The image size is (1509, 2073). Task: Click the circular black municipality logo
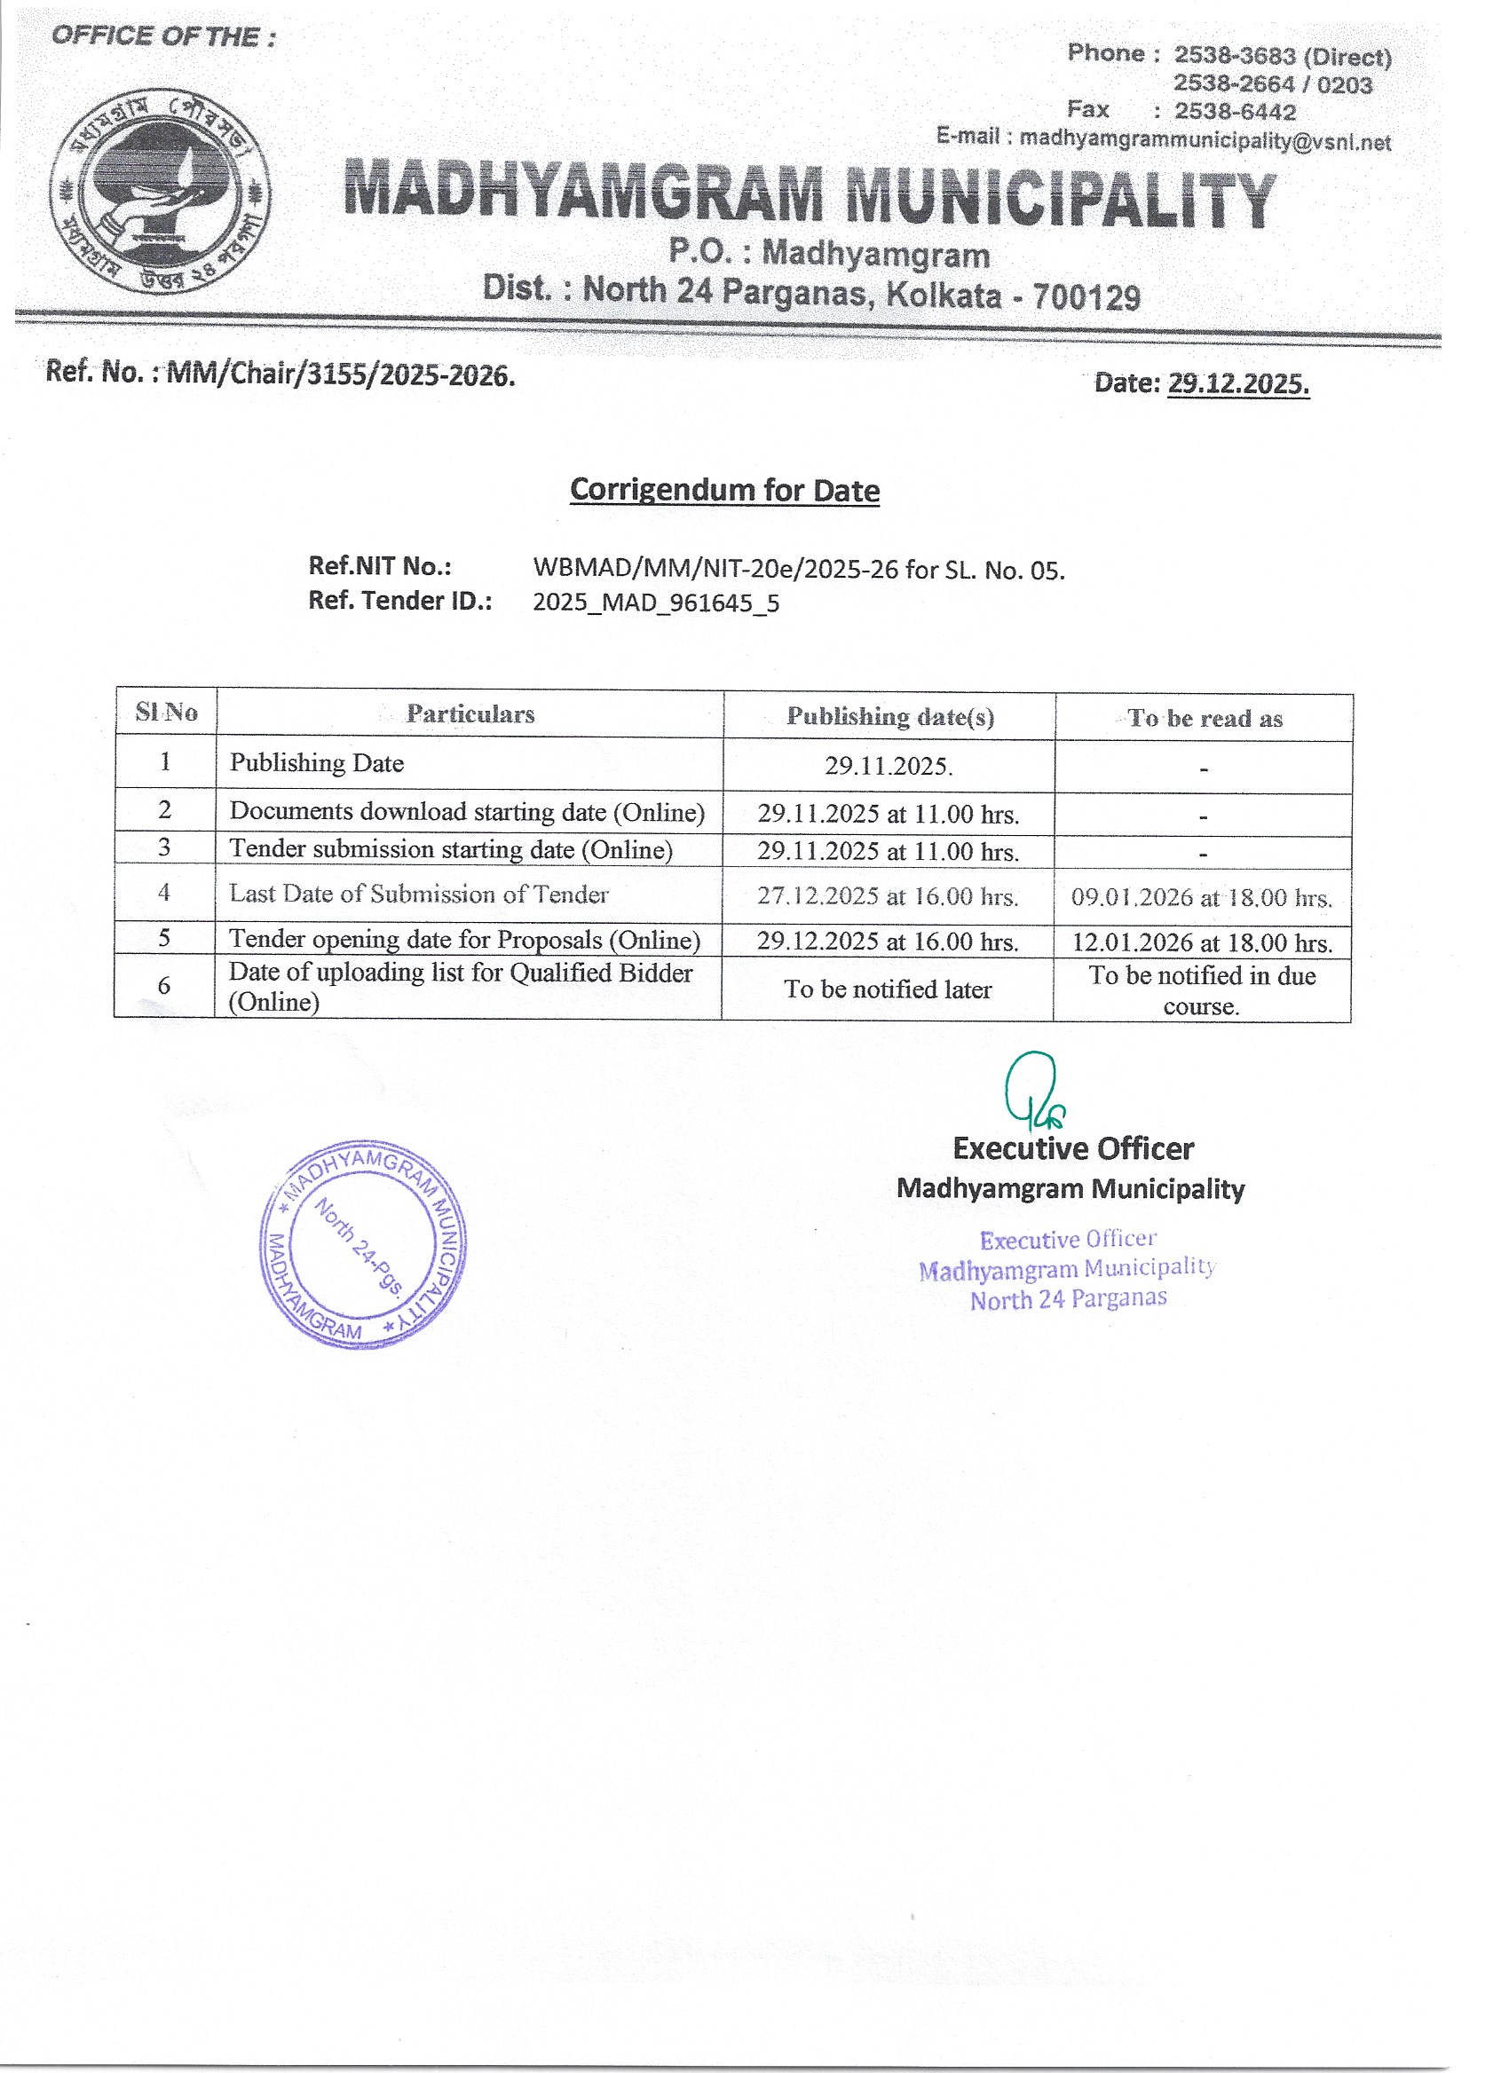point(159,191)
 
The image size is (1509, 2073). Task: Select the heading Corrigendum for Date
point(724,490)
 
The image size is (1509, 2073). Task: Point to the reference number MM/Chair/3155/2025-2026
point(340,374)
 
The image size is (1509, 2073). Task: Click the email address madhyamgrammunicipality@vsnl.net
point(1205,141)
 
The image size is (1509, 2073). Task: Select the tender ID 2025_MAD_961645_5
point(655,603)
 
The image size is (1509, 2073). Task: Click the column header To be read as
point(1204,719)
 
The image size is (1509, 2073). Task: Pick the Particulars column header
point(470,713)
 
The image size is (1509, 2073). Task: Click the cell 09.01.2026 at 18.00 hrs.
point(1201,897)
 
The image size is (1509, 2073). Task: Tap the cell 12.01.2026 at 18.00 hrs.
point(1201,942)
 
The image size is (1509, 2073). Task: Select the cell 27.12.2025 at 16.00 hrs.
point(887,896)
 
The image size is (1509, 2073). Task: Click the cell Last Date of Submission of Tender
point(419,894)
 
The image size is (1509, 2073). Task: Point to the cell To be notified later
point(887,989)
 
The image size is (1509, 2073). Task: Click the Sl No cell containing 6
point(163,985)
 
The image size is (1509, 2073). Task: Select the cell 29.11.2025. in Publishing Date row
point(889,766)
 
